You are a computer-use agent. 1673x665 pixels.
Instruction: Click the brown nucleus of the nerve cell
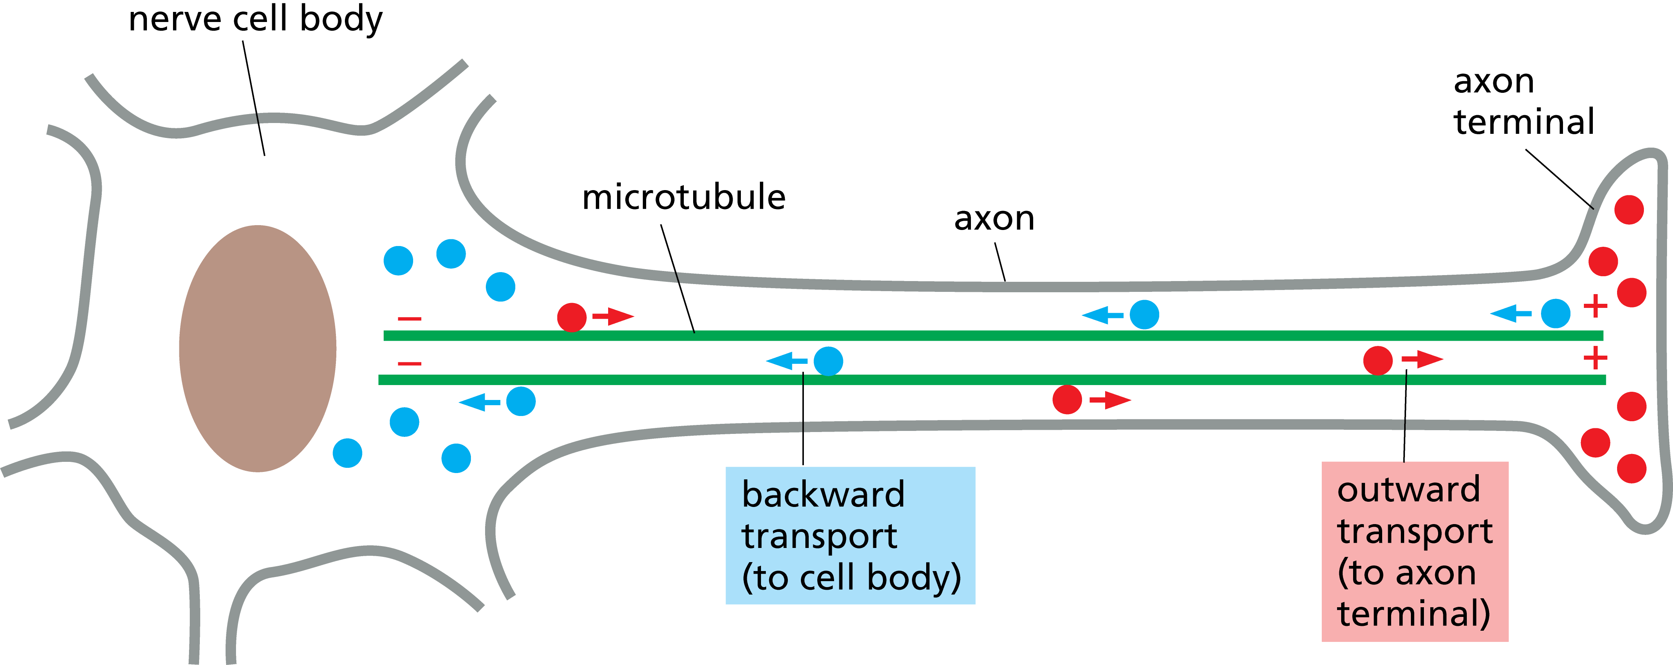tap(258, 349)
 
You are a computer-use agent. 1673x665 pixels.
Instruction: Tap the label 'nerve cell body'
tap(255, 19)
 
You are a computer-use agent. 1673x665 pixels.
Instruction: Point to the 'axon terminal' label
tap(1523, 102)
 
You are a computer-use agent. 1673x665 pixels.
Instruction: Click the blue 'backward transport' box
tap(850, 536)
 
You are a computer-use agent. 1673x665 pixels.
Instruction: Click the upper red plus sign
tap(1595, 306)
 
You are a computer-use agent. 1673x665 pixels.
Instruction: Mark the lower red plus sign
tap(1595, 358)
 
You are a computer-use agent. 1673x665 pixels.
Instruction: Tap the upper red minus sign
tap(410, 319)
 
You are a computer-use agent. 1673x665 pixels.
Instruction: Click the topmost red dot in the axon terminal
tap(1629, 210)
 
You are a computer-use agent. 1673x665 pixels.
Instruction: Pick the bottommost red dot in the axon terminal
tap(1632, 468)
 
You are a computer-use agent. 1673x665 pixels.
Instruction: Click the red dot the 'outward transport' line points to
tap(1377, 360)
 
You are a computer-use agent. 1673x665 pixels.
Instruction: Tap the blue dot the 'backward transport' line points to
tap(828, 361)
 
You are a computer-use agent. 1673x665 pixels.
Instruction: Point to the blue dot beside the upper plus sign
tap(1556, 313)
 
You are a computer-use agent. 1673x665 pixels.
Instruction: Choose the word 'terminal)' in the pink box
tap(1413, 613)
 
